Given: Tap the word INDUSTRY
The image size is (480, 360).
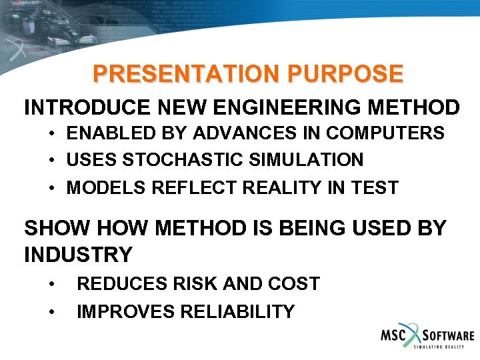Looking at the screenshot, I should pos(78,255).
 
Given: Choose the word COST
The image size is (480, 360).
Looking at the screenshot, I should pos(293,284).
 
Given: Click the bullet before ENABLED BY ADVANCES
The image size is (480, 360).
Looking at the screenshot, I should pos(52,134).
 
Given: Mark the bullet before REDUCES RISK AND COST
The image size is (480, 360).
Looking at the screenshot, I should pos(52,285).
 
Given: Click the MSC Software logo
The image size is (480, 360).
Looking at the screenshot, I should pos(427,338).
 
